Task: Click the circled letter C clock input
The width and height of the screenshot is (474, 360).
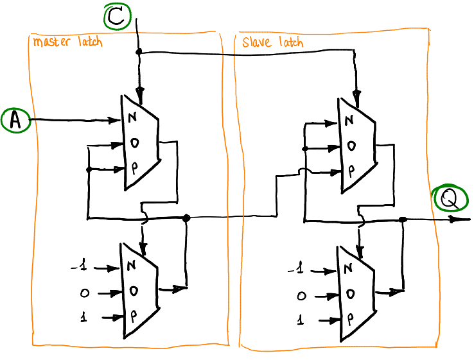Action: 118,16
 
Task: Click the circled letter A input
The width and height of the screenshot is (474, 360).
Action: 15,120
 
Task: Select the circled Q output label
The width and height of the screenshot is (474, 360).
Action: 451,199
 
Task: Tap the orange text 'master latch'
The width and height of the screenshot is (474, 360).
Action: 67,42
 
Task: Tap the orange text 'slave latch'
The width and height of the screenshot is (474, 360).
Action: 273,42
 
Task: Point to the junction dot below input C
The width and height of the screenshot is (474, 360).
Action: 139,52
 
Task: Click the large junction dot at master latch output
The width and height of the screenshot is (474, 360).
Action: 186,218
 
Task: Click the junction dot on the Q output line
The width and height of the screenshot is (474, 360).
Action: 403,219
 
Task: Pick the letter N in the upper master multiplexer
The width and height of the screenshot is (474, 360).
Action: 132,117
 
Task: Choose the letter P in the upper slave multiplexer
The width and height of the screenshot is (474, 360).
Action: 351,171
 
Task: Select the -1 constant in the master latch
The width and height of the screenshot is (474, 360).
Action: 80,266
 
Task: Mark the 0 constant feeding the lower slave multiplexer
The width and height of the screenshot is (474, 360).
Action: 301,296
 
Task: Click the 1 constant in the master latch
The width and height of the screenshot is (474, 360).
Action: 83,317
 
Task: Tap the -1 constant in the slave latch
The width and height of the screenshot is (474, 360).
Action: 296,268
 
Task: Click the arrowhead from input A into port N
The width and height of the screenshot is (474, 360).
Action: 115,120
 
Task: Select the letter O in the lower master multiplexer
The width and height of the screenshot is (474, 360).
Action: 134,291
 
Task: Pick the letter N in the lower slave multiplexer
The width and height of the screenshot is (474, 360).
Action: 348,268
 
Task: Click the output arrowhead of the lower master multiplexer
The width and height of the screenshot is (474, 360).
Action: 180,289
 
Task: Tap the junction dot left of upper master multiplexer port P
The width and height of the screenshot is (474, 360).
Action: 89,169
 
